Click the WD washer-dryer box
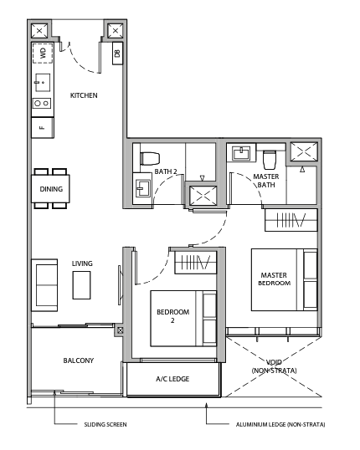click(43, 53)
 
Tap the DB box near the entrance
click(117, 53)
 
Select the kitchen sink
click(43, 83)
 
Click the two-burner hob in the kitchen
click(42, 103)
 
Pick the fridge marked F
click(43, 127)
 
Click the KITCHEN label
click(84, 95)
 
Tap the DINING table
click(50, 189)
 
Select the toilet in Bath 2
click(150, 159)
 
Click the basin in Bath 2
click(143, 188)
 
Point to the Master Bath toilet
click(270, 160)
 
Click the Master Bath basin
click(241, 153)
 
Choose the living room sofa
click(44, 285)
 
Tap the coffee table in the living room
click(81, 285)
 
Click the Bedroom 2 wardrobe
click(195, 263)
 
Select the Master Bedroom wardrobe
click(291, 220)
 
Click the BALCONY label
click(79, 361)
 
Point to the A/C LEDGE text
click(172, 379)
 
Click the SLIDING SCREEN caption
click(105, 424)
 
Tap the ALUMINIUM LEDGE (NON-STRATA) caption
click(280, 424)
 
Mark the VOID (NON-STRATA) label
click(274, 366)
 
